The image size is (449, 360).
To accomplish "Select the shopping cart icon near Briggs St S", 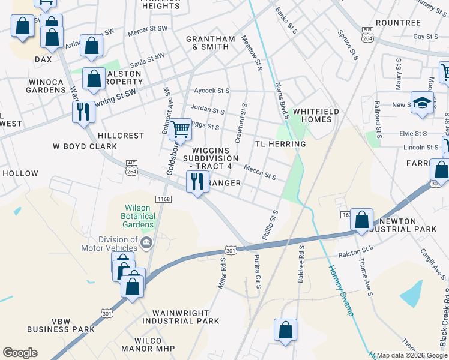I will click(x=180, y=128).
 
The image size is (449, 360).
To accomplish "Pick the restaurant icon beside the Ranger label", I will click(x=197, y=181).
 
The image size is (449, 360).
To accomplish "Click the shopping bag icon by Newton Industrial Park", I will click(x=361, y=219).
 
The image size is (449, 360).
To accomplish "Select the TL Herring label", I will click(x=280, y=144).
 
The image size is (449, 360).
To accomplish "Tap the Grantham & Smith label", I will click(x=210, y=43).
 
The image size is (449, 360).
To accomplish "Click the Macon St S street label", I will click(x=259, y=173).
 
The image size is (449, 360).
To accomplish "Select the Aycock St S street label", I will click(x=211, y=91).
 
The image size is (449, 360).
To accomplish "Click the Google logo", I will click(x=20, y=353).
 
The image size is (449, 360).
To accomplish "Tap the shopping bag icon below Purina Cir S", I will click(x=285, y=329).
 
